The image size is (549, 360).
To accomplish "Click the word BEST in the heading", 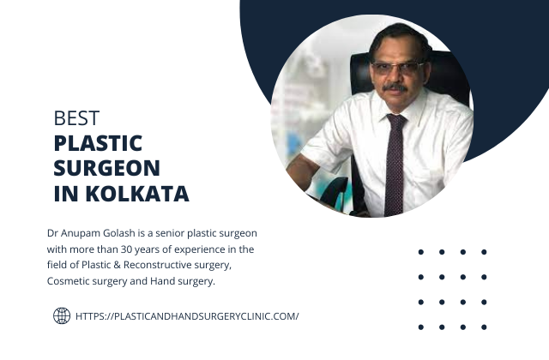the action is point(76,118).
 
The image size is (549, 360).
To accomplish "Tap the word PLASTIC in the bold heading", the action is point(98,143).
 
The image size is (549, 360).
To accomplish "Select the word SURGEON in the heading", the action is point(106,168).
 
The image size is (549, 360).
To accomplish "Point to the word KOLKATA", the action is point(137,194).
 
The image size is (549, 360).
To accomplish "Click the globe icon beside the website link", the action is point(62,315).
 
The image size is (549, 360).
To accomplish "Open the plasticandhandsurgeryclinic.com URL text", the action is point(187,316).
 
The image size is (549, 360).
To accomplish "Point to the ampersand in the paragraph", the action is point(117,265).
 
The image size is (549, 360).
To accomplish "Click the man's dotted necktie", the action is point(395,165).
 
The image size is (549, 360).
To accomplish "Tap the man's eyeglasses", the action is point(396,68).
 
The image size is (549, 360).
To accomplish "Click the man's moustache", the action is point(395,87).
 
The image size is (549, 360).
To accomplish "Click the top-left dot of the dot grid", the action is point(421,252).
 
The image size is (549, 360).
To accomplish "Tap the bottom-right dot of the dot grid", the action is point(484,327).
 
